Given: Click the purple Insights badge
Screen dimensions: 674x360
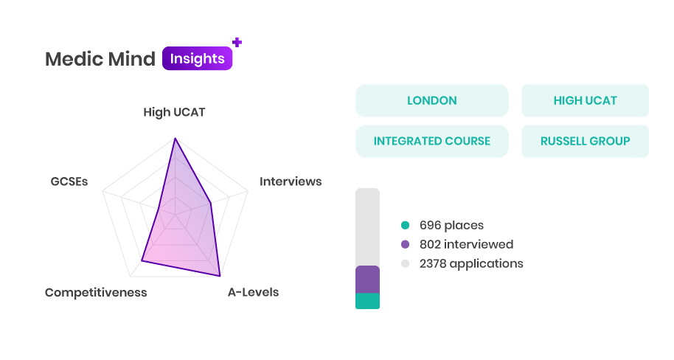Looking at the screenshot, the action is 198,58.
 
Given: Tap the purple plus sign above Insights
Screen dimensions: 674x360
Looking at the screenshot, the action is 237,42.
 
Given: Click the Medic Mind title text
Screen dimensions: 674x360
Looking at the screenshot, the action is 100,59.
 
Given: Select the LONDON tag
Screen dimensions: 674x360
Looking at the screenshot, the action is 432,100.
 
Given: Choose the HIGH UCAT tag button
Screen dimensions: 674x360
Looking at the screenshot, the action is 585,100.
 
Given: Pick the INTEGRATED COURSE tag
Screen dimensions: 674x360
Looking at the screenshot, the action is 432,141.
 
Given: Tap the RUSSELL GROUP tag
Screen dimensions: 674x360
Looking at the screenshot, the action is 585,141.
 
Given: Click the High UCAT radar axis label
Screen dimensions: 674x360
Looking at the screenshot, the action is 174,112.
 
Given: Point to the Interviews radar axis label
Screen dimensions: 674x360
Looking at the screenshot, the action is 291,181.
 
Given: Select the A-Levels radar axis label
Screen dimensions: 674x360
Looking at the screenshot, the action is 253,292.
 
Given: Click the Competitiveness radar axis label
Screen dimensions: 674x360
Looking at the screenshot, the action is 96,292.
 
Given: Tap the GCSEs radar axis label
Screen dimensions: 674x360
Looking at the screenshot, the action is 69,181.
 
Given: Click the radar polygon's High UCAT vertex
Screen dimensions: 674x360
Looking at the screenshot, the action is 175,139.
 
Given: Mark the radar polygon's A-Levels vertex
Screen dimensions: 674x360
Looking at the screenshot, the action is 220,275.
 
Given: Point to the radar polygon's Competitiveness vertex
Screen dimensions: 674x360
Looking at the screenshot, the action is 142,260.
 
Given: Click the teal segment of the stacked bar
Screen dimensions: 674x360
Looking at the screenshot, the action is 367,301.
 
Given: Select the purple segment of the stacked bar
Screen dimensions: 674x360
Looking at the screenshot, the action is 367,280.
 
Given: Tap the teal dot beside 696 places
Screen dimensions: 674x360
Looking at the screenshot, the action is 405,225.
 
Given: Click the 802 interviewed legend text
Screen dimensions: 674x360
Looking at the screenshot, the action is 466,244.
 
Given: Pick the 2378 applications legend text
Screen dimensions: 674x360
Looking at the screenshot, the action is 471,263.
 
